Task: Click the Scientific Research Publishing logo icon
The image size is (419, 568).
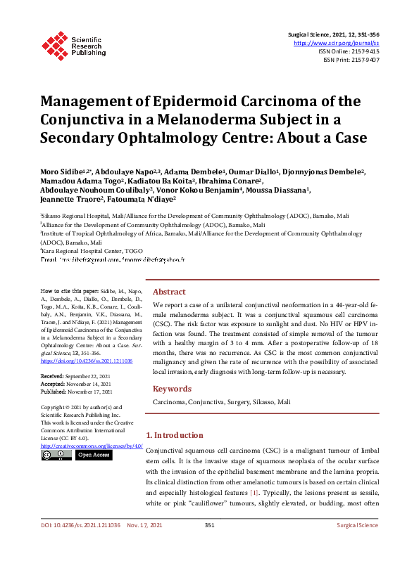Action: click(x=54, y=44)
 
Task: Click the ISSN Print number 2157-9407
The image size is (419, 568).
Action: click(x=365, y=60)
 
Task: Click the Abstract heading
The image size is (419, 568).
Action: click(x=170, y=292)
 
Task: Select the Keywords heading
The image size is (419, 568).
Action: click(x=172, y=389)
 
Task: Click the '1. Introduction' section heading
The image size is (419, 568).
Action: click(x=174, y=435)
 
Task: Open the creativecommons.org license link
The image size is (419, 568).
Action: click(x=92, y=446)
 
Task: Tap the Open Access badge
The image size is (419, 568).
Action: click(x=94, y=455)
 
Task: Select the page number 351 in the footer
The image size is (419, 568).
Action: click(x=209, y=545)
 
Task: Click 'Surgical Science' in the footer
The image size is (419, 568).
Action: click(x=357, y=545)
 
